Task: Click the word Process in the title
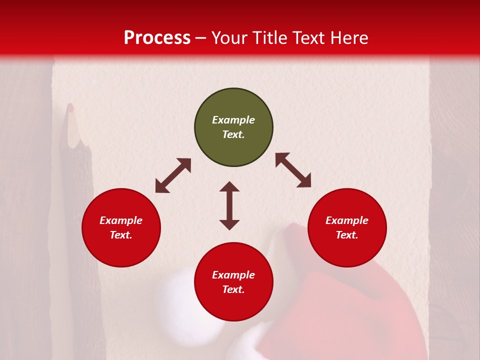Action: click(x=157, y=38)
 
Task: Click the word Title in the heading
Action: click(x=270, y=38)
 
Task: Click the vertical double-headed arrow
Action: click(x=229, y=205)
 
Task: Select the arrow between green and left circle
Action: click(x=173, y=175)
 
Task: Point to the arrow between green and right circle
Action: click(x=293, y=170)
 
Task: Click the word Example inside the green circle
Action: click(x=233, y=120)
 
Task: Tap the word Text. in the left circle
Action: click(x=121, y=235)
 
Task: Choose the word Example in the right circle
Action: click(x=347, y=220)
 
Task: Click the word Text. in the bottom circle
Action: click(x=233, y=289)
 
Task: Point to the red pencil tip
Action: click(x=71, y=107)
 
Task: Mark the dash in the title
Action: click(x=201, y=38)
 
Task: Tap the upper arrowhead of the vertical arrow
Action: click(x=229, y=186)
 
